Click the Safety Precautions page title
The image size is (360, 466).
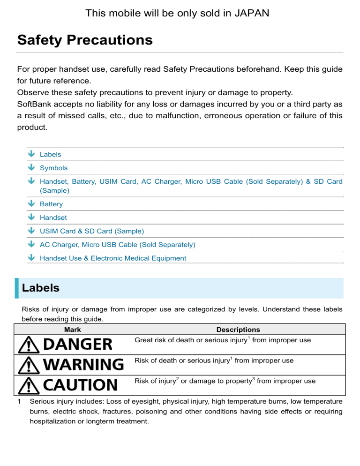[85, 40]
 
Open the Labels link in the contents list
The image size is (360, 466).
[50, 154]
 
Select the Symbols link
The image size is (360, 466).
[53, 168]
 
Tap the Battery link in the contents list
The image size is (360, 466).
[51, 204]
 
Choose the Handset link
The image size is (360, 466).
[53, 218]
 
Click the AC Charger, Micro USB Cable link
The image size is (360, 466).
[118, 245]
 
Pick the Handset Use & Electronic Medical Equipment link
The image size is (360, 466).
[113, 258]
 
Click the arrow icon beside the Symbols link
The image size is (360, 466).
[31, 167]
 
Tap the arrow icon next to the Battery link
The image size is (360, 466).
[31, 203]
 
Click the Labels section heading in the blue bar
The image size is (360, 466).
[41, 288]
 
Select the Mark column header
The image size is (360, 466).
[72, 330]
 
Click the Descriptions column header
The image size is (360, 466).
[238, 330]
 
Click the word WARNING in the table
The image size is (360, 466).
[83, 364]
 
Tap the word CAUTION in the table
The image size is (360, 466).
[80, 385]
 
